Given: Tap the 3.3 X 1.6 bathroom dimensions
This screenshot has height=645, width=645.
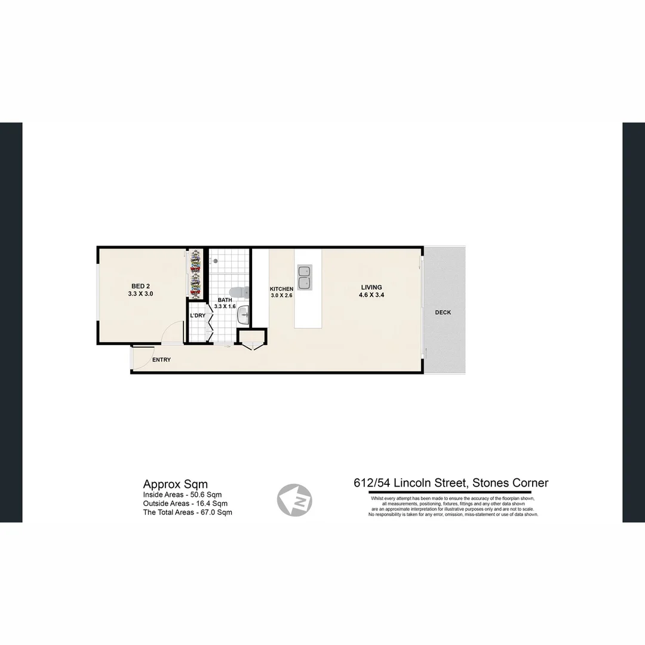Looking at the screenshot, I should [x=225, y=306].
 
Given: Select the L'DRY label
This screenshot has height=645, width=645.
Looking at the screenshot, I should [x=198, y=315].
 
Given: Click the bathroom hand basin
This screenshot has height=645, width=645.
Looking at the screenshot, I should [x=243, y=318].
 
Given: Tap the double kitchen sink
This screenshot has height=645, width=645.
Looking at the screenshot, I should [x=305, y=278].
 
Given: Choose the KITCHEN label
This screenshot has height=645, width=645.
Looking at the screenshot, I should [x=281, y=289].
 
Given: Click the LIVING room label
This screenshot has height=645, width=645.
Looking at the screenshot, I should [x=370, y=287].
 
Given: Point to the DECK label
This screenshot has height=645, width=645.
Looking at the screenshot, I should [x=443, y=312].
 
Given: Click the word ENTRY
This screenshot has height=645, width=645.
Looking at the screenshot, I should [x=161, y=360].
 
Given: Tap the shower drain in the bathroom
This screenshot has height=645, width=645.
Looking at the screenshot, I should [x=214, y=260].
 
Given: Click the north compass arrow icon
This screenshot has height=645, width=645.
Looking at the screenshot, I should [x=294, y=499].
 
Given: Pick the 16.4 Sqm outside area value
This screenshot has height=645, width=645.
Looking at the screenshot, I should [x=209, y=503].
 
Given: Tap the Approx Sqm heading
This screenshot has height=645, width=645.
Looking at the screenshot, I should [x=176, y=484].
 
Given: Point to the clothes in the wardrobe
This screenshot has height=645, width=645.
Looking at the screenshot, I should [x=194, y=274].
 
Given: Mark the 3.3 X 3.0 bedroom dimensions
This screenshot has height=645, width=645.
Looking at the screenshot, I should [x=141, y=294].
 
